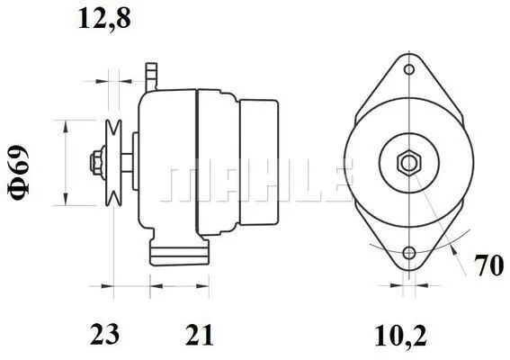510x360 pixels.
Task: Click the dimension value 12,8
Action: click(103, 18)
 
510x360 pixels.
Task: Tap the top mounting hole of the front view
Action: click(409, 69)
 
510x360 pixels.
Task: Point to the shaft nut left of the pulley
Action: click(94, 163)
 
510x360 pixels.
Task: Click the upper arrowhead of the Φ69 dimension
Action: click(65, 124)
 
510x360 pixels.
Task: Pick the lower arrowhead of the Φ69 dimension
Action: click(65, 198)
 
